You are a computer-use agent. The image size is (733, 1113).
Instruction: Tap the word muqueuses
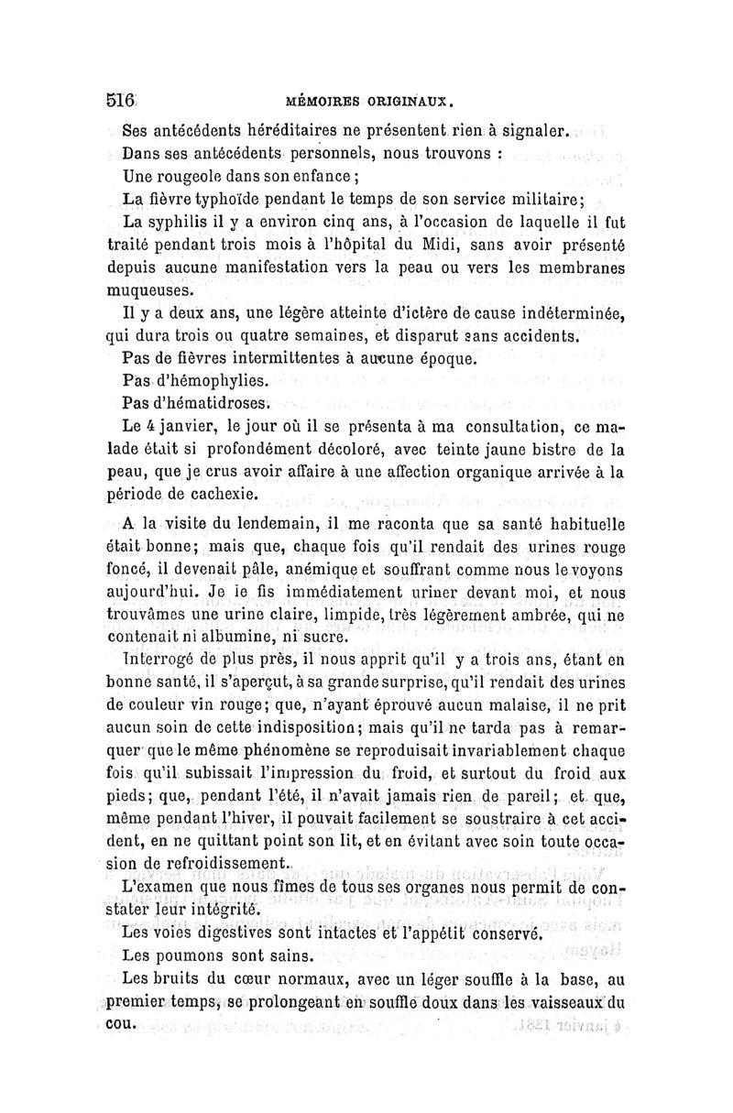point(152,291)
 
